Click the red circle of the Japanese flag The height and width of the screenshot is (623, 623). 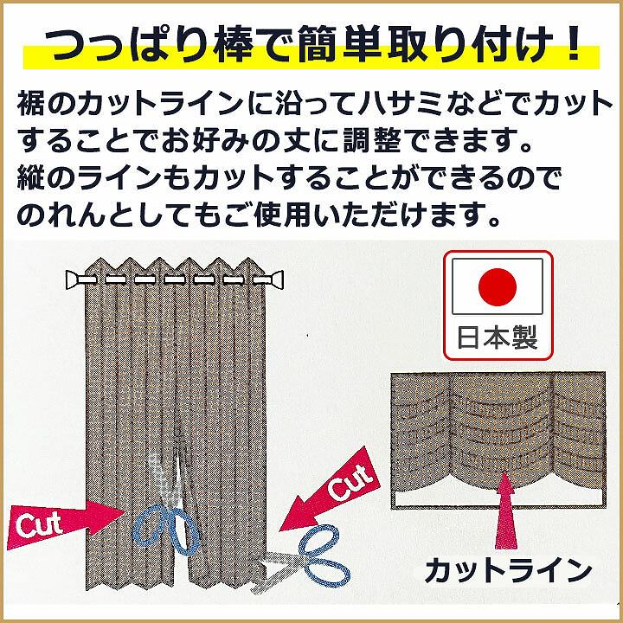point(497,286)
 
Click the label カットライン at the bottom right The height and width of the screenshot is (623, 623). point(507,571)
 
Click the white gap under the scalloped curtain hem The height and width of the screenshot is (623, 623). point(450,497)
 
